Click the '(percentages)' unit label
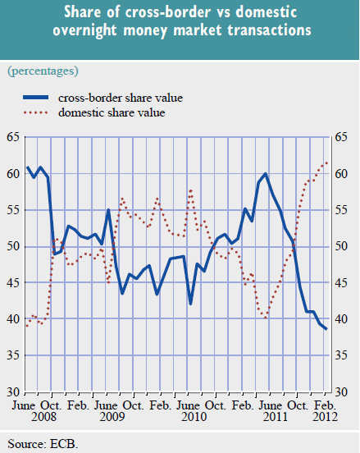[43, 72]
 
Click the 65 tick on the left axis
[14, 137]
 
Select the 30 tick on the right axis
[343, 391]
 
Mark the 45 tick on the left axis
[14, 282]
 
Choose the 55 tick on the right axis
[343, 210]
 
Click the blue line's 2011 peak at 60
[266, 174]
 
